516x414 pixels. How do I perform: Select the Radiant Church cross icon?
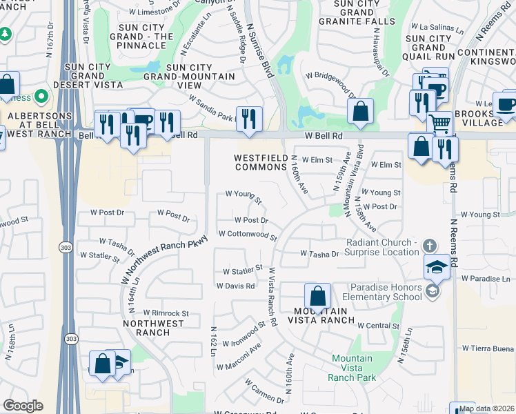coord(429,246)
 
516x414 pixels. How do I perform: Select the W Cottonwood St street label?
coord(248,235)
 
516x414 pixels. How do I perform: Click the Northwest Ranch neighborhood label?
coord(155,328)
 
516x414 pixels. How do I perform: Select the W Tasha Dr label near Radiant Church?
coord(319,254)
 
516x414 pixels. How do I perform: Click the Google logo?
coord(23,406)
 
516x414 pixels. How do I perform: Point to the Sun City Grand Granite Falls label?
coord(357,12)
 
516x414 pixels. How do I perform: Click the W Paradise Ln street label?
coord(484,278)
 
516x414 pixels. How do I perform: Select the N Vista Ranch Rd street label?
coord(272,296)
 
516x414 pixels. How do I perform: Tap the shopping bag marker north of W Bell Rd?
coord(360,111)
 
